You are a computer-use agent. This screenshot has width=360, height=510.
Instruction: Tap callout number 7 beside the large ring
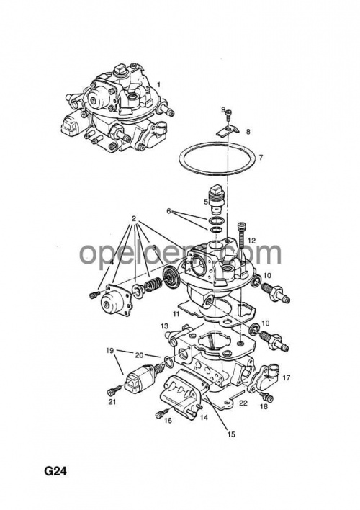coord(261,157)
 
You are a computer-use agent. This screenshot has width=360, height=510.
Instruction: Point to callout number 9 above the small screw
coord(223,109)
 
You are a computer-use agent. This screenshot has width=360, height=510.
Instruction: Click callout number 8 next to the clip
coord(248,132)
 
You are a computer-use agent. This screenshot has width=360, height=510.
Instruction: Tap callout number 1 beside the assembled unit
coord(159,84)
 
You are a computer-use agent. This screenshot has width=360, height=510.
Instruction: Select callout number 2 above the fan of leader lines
coord(134,218)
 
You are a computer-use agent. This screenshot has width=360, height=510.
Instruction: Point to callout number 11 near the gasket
coord(176,316)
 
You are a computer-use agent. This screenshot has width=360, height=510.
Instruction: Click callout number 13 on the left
coord(164,326)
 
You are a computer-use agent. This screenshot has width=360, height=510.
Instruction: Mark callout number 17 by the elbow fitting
coord(286,377)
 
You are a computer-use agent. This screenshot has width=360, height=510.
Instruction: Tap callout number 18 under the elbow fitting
coord(263,407)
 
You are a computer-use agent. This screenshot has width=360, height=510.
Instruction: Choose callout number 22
coord(243,403)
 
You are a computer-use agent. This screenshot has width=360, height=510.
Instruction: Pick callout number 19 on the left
coord(110,351)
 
